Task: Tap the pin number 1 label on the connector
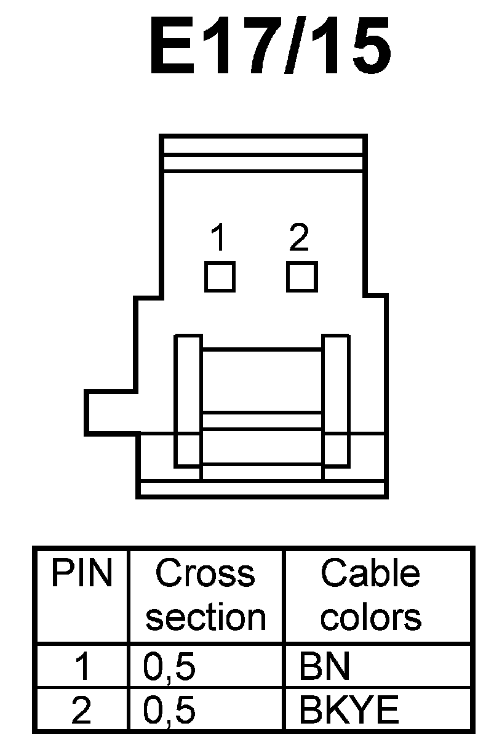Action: click(x=218, y=238)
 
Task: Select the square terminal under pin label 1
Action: click(x=220, y=277)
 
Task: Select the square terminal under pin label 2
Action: click(x=302, y=277)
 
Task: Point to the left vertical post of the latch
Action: click(x=188, y=400)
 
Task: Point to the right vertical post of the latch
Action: click(x=336, y=400)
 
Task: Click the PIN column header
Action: click(x=82, y=574)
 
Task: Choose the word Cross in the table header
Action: click(x=205, y=574)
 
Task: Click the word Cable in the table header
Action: click(x=370, y=574)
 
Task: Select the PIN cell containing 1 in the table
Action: click(x=82, y=668)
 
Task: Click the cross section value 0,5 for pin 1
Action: click(x=169, y=668)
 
